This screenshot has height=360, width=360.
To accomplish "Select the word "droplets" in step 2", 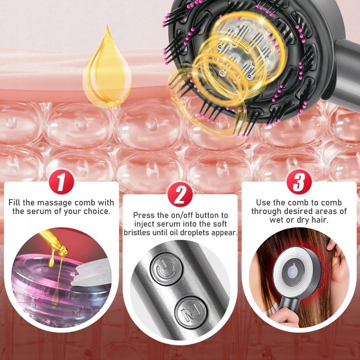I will (x=201, y=233).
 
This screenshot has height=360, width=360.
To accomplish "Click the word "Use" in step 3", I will (x=263, y=202).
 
